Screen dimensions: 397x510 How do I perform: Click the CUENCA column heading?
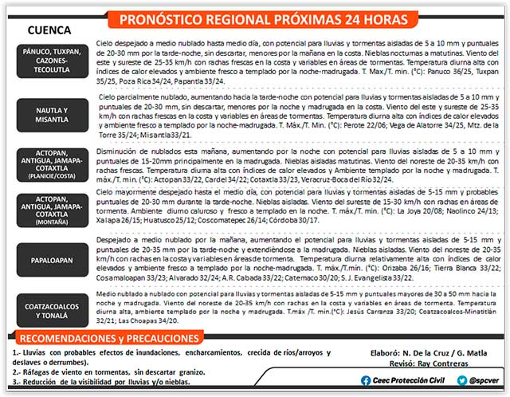(x=50, y=29)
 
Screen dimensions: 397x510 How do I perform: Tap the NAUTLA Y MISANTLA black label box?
(x=51, y=115)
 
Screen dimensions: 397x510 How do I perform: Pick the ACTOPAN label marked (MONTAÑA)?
(x=51, y=211)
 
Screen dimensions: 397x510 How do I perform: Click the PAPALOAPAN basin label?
(x=51, y=257)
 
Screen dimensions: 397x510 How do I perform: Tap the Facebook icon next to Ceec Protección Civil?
(x=366, y=380)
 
